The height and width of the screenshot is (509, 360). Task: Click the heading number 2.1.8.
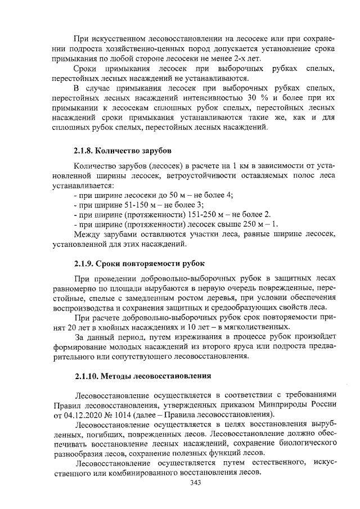point(83,151)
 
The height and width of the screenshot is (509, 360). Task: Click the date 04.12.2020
point(87,416)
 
